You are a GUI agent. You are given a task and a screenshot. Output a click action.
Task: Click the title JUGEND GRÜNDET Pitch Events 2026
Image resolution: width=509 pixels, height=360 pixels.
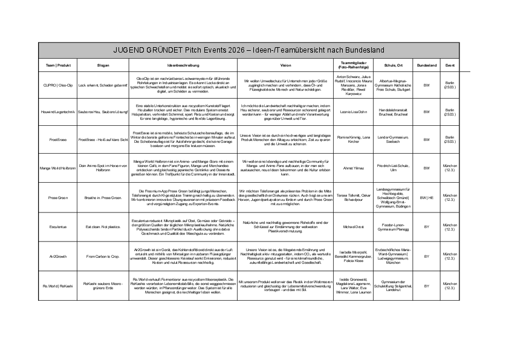coord(250,50)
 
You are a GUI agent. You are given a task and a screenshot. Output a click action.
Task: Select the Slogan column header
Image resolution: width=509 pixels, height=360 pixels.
coord(103,64)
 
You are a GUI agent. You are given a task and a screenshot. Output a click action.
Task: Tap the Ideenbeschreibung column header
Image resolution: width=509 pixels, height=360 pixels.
coord(183,64)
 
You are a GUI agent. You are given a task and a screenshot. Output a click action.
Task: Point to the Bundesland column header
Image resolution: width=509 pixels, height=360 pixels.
coord(426,64)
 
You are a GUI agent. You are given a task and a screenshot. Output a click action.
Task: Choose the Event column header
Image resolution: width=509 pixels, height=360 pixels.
coord(450,64)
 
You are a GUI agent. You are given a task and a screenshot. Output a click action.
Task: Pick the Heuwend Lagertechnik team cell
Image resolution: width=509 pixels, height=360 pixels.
coord(57,112)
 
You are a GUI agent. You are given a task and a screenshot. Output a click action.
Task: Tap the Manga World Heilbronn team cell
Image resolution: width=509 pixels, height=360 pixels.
coord(57,168)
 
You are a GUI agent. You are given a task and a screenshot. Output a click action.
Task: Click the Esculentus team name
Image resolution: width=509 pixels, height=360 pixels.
coord(57,227)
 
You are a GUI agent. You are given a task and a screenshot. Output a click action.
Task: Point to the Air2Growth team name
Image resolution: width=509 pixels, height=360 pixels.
coord(57,257)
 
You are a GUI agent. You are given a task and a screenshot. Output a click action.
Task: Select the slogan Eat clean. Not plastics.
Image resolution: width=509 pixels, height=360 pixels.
coord(103,227)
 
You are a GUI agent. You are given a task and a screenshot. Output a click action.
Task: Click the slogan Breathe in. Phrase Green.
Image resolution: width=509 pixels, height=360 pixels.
coord(103,197)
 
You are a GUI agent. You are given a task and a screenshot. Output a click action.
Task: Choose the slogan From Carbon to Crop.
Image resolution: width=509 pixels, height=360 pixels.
coord(103,257)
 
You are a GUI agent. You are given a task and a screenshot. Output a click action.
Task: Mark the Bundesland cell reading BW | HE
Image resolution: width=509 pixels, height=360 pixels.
coord(426,197)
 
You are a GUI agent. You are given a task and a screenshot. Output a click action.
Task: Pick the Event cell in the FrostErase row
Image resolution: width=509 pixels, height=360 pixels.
coord(450,139)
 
